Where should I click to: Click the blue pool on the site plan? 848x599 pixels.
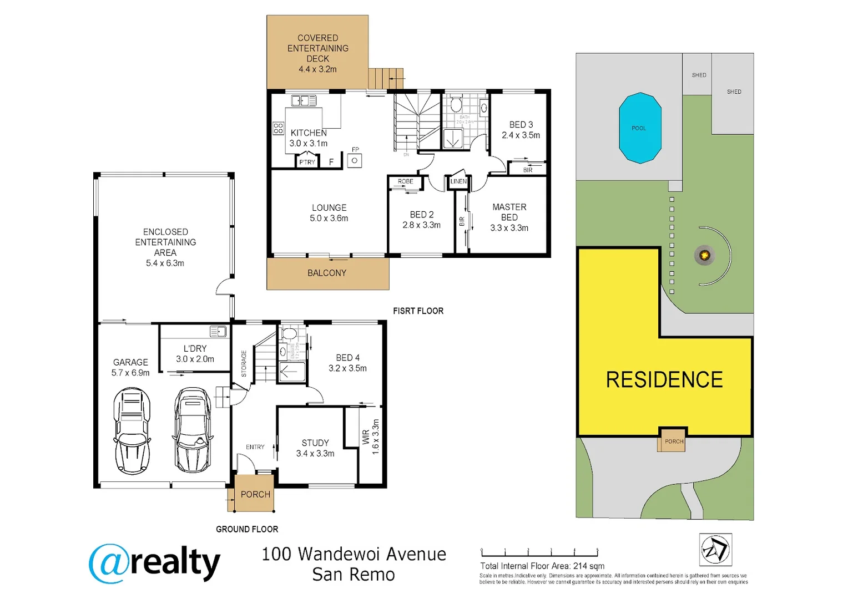(x=640, y=128)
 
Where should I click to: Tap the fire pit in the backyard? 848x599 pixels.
(x=704, y=255)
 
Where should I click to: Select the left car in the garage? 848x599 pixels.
(x=132, y=431)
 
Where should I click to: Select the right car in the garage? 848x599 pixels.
(x=193, y=430)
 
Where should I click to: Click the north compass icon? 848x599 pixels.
(x=715, y=550)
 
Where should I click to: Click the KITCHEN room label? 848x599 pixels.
(x=309, y=133)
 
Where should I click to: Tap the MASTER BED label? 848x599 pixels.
(x=509, y=212)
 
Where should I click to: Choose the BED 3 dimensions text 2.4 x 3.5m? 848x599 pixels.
(x=521, y=135)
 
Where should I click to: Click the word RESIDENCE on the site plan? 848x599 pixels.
(x=664, y=380)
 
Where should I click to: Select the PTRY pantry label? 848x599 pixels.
(x=307, y=162)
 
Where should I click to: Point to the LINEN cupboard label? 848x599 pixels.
(x=458, y=181)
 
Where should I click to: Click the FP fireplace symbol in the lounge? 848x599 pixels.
(x=355, y=161)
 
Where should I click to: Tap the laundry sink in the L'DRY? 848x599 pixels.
(x=218, y=332)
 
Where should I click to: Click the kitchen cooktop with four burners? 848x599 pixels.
(x=279, y=129)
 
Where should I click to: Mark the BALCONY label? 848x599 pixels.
(x=327, y=273)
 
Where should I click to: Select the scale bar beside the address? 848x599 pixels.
(x=539, y=552)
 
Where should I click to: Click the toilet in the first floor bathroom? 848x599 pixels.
(x=456, y=104)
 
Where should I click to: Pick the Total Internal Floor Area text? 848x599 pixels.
(x=542, y=566)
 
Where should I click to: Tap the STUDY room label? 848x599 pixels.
(x=315, y=443)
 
